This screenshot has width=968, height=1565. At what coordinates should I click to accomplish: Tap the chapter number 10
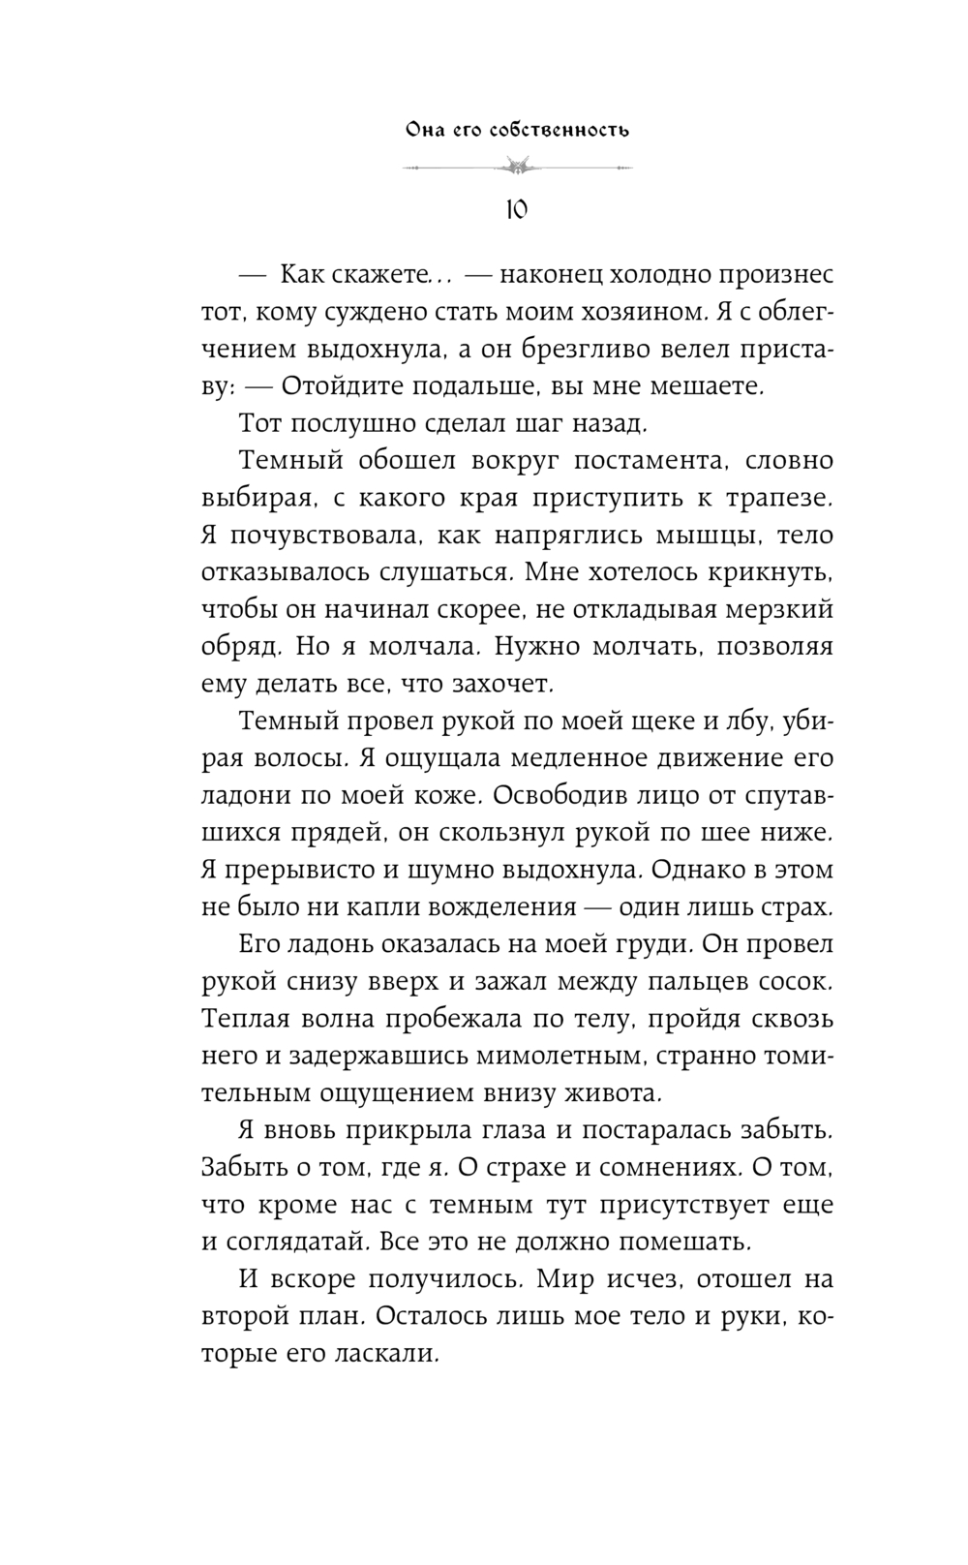[516, 208]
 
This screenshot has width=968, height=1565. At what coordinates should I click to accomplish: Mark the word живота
[614, 1094]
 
